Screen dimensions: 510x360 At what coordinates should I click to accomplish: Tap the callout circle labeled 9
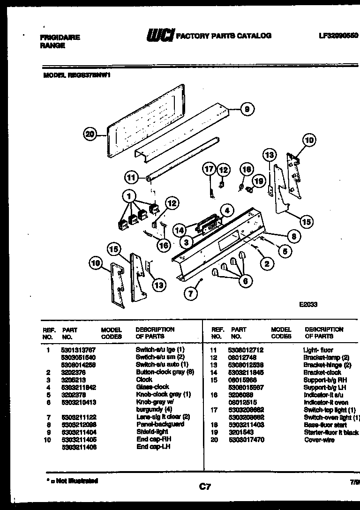[x=247, y=109]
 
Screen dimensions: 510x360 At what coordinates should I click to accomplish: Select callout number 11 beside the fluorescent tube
[x=132, y=178]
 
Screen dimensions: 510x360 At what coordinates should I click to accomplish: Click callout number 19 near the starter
[x=257, y=180]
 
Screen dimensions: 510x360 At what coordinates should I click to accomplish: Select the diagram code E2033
[x=308, y=304]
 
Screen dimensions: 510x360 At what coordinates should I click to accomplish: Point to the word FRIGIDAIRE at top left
[x=59, y=37]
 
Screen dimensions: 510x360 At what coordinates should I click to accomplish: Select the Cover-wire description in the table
[x=319, y=440]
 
